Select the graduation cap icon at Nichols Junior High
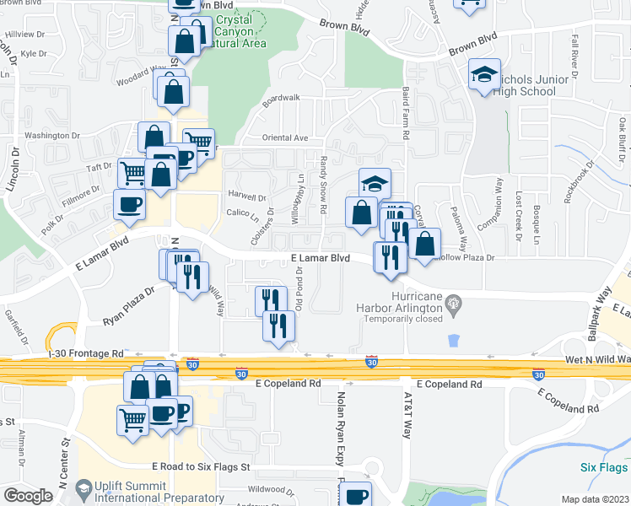click(x=484, y=74)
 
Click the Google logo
click(x=29, y=496)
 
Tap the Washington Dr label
click(x=52, y=135)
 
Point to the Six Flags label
click(x=604, y=467)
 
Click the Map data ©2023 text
click(x=594, y=499)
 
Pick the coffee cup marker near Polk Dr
click(x=129, y=205)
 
